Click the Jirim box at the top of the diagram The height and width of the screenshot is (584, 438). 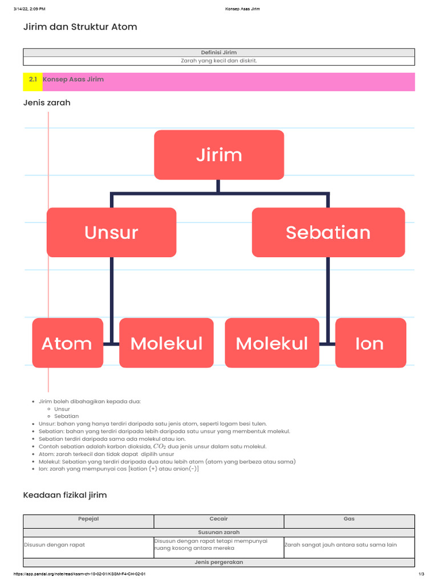click(219, 155)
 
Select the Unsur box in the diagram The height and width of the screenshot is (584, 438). click(111, 232)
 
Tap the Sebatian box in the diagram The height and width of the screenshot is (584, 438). click(328, 232)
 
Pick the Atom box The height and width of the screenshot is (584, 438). click(67, 343)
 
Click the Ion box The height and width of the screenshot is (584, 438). click(370, 343)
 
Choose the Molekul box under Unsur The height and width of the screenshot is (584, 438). click(166, 343)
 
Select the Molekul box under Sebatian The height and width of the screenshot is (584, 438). click(272, 343)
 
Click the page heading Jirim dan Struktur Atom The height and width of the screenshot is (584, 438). click(80, 27)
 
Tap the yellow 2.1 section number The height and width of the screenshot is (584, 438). click(33, 80)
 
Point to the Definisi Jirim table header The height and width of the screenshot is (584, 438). click(219, 52)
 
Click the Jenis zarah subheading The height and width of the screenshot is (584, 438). click(47, 103)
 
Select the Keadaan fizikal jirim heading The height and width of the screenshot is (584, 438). click(64, 495)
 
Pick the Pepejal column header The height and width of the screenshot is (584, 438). click(88, 519)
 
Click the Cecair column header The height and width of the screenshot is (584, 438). click(218, 519)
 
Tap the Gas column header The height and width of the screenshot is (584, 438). click(349, 519)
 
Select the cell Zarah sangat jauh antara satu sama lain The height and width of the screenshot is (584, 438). click(340, 545)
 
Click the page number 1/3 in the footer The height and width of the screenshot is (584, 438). click(421, 574)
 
